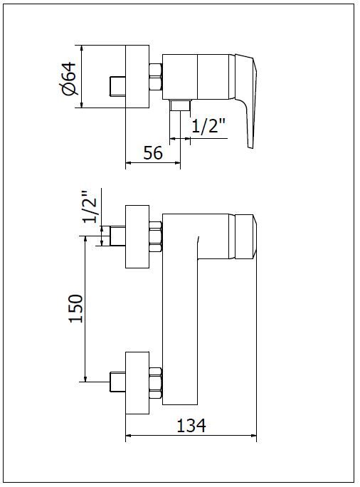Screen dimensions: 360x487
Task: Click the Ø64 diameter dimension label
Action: [68, 79]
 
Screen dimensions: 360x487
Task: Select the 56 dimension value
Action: [153, 153]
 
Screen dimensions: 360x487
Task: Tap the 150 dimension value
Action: [76, 309]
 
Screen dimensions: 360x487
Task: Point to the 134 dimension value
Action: [191, 425]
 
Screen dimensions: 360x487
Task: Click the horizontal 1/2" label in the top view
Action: [208, 125]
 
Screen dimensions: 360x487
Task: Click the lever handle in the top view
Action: [247, 101]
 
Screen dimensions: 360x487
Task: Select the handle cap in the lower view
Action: [245, 236]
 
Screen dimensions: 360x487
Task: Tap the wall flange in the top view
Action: [137, 77]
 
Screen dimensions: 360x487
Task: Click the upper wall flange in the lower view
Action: [137, 236]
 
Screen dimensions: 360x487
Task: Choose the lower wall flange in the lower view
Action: [137, 383]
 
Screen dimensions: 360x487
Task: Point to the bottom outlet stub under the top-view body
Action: [180, 105]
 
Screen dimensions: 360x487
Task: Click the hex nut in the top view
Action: [156, 78]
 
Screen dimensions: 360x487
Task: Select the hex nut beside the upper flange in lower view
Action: [156, 236]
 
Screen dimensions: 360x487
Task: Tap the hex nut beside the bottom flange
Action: [156, 383]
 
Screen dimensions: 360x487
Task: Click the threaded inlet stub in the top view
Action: [118, 85]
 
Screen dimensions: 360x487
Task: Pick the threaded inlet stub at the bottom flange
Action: [118, 382]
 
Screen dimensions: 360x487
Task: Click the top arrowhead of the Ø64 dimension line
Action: [81, 48]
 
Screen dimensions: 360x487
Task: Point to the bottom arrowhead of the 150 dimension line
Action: [85, 377]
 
